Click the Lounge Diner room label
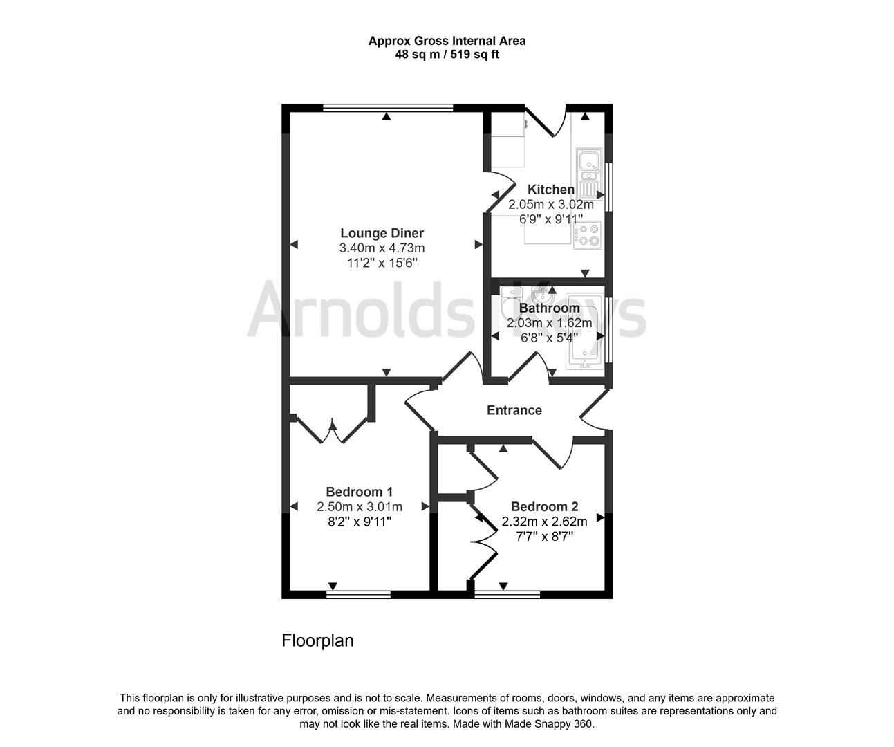382,233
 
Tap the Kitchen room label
550,190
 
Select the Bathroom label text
549,308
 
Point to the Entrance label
514,410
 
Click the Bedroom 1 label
359,492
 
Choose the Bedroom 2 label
544,506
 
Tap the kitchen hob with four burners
587,236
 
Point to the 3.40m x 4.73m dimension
382,248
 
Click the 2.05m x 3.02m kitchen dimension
550,205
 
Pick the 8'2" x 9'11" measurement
359,522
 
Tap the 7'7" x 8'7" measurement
544,535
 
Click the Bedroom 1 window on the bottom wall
358,593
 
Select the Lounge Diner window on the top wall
388,107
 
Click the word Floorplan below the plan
317,640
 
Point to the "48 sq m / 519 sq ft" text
446,55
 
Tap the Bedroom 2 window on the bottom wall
507,593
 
